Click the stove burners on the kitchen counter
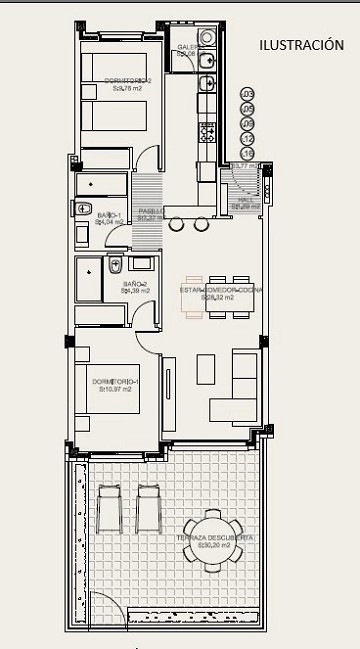point(207,131)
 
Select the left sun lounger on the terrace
point(111,507)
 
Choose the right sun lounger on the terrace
point(150,507)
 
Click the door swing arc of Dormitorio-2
point(149,157)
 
